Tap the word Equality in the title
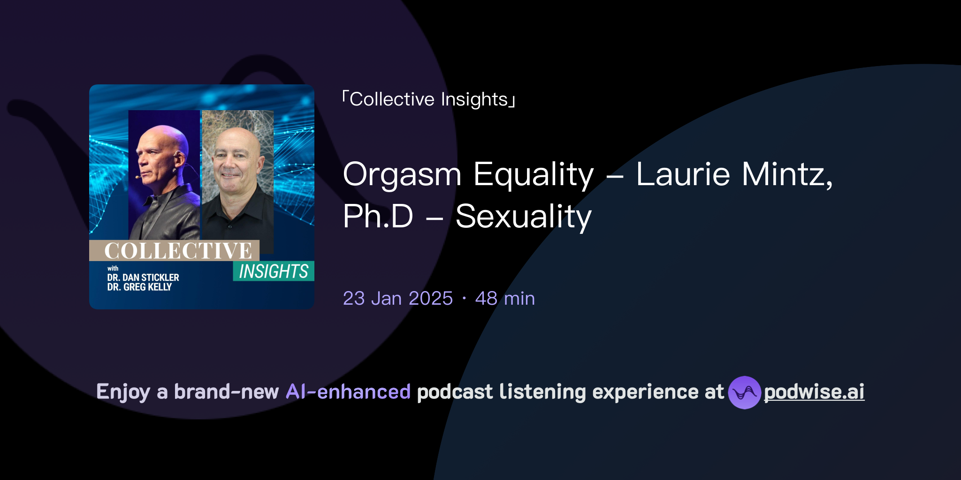click(x=534, y=175)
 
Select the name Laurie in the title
click(x=683, y=174)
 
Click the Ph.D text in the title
click(x=378, y=216)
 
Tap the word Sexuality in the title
click(x=523, y=217)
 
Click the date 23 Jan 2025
click(x=397, y=298)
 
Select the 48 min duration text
click(x=505, y=298)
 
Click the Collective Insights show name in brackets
click(x=429, y=99)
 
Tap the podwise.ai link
click(x=814, y=392)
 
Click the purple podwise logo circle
click(x=744, y=392)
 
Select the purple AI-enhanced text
click(x=348, y=392)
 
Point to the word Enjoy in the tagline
click(x=123, y=392)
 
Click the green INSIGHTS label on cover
click(x=274, y=271)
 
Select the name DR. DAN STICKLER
click(x=143, y=277)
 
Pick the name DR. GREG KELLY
click(x=139, y=287)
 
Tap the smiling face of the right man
click(x=234, y=159)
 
